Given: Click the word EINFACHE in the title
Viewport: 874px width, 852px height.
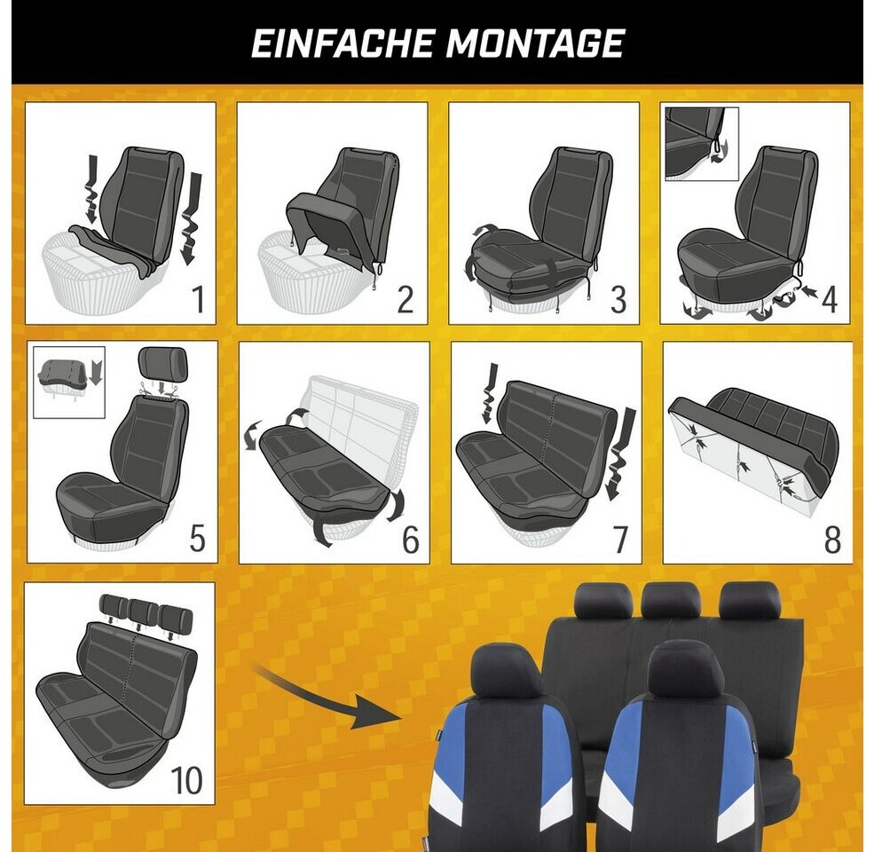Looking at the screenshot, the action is [x=343, y=43].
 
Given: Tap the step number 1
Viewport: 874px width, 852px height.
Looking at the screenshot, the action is [x=197, y=298].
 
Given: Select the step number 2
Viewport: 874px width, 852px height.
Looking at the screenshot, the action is [x=406, y=299].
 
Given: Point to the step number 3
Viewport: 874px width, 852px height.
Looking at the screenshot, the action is [x=618, y=299].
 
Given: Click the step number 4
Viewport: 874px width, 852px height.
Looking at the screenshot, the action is [x=830, y=299].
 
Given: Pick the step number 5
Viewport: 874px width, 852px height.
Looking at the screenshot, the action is [x=197, y=539].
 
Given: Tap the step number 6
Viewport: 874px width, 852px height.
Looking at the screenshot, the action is [x=410, y=539].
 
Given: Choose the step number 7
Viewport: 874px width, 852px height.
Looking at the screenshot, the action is [x=620, y=539].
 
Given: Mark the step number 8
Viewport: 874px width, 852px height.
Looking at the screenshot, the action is [x=832, y=539].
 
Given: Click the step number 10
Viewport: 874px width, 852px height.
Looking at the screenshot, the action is [x=186, y=779].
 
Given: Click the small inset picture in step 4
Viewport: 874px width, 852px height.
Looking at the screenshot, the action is [x=703, y=144].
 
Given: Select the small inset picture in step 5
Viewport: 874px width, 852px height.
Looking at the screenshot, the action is [x=69, y=382].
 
